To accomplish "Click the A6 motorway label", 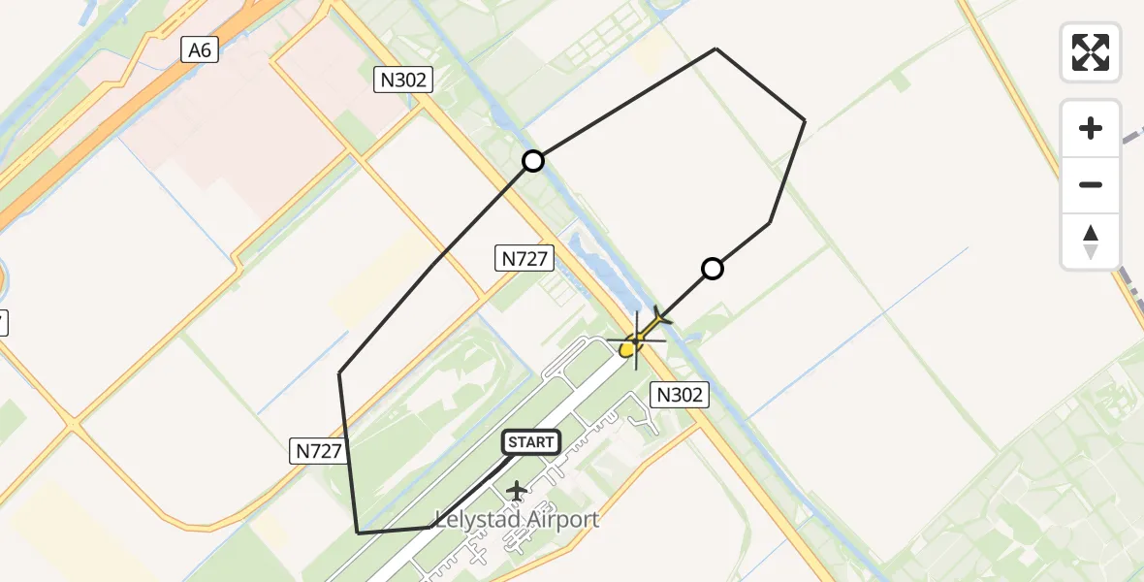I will coord(200,50).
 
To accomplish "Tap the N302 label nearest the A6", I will coord(403,81).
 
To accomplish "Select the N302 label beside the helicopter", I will coord(680,394).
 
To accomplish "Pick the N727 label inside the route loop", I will coord(525,259).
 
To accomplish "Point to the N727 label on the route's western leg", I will coord(318,450).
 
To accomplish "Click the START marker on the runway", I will coord(530,442).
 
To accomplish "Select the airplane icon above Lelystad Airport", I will coord(516,491).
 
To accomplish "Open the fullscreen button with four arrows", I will coord(1091,51).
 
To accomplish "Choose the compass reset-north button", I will coord(1091,242).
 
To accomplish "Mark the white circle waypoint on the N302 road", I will coord(533,161).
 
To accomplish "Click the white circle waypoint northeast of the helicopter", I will coord(713,269).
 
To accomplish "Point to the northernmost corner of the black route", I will coord(716,48).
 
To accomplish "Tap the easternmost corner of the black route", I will coord(805,120).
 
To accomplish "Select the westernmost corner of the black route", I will coord(339,373).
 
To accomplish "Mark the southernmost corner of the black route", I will coord(359,533).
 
